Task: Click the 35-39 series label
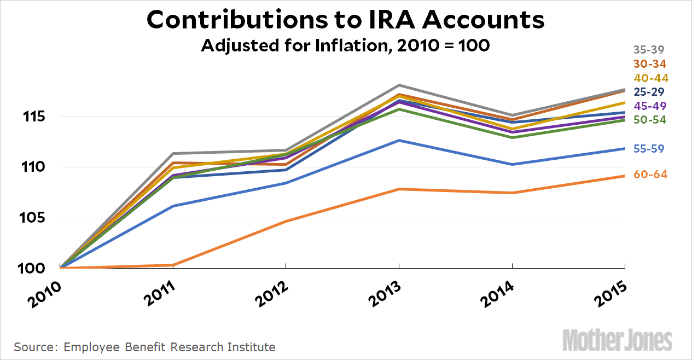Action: pos(650,49)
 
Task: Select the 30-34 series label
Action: pos(650,63)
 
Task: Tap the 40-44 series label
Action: pos(650,78)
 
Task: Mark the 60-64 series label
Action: pos(650,175)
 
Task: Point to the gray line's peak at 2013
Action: pos(399,85)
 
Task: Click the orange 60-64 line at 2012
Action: pos(286,221)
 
